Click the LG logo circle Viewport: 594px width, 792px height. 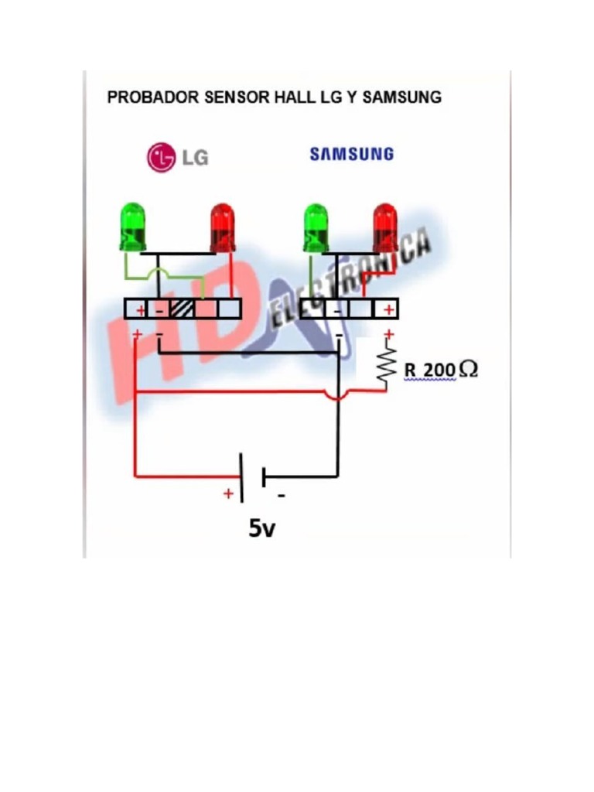[161, 157]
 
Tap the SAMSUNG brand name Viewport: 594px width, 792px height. [351, 154]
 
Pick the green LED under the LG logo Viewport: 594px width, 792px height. [133, 226]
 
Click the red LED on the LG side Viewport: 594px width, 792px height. [222, 227]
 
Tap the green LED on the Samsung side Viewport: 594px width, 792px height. [316, 227]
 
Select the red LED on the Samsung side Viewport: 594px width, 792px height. [384, 226]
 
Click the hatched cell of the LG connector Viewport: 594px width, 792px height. [183, 309]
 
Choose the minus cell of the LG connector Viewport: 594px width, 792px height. [159, 309]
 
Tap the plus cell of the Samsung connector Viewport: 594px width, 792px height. [387, 309]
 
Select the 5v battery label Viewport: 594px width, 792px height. [262, 529]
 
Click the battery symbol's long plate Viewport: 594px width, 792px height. [242, 477]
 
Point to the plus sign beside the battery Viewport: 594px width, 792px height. [228, 493]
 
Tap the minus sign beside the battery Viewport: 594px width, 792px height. [281, 495]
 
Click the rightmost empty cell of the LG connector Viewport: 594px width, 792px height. [230, 309]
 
